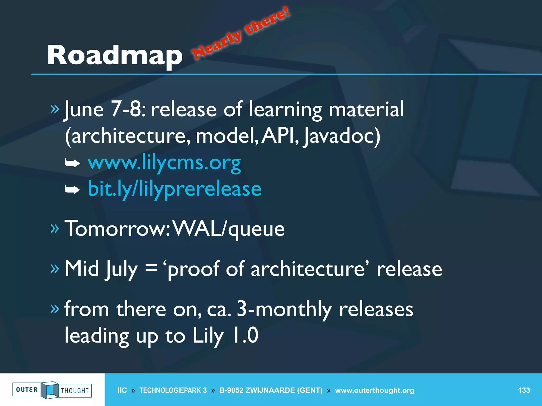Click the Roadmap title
114,55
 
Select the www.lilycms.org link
164,162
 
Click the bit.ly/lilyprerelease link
174,189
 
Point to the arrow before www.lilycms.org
73,163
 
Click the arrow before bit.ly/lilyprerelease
73,189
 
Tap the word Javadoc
341,136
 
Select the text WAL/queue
229,228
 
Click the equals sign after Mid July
151,269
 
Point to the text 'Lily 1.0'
225,335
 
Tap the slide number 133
524,390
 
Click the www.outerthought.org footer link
374,390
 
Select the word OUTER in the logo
27,390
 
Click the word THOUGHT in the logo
75,391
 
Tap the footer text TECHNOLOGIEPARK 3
173,390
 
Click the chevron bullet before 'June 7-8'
55,109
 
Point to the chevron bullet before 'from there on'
55,308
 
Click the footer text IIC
122,390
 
